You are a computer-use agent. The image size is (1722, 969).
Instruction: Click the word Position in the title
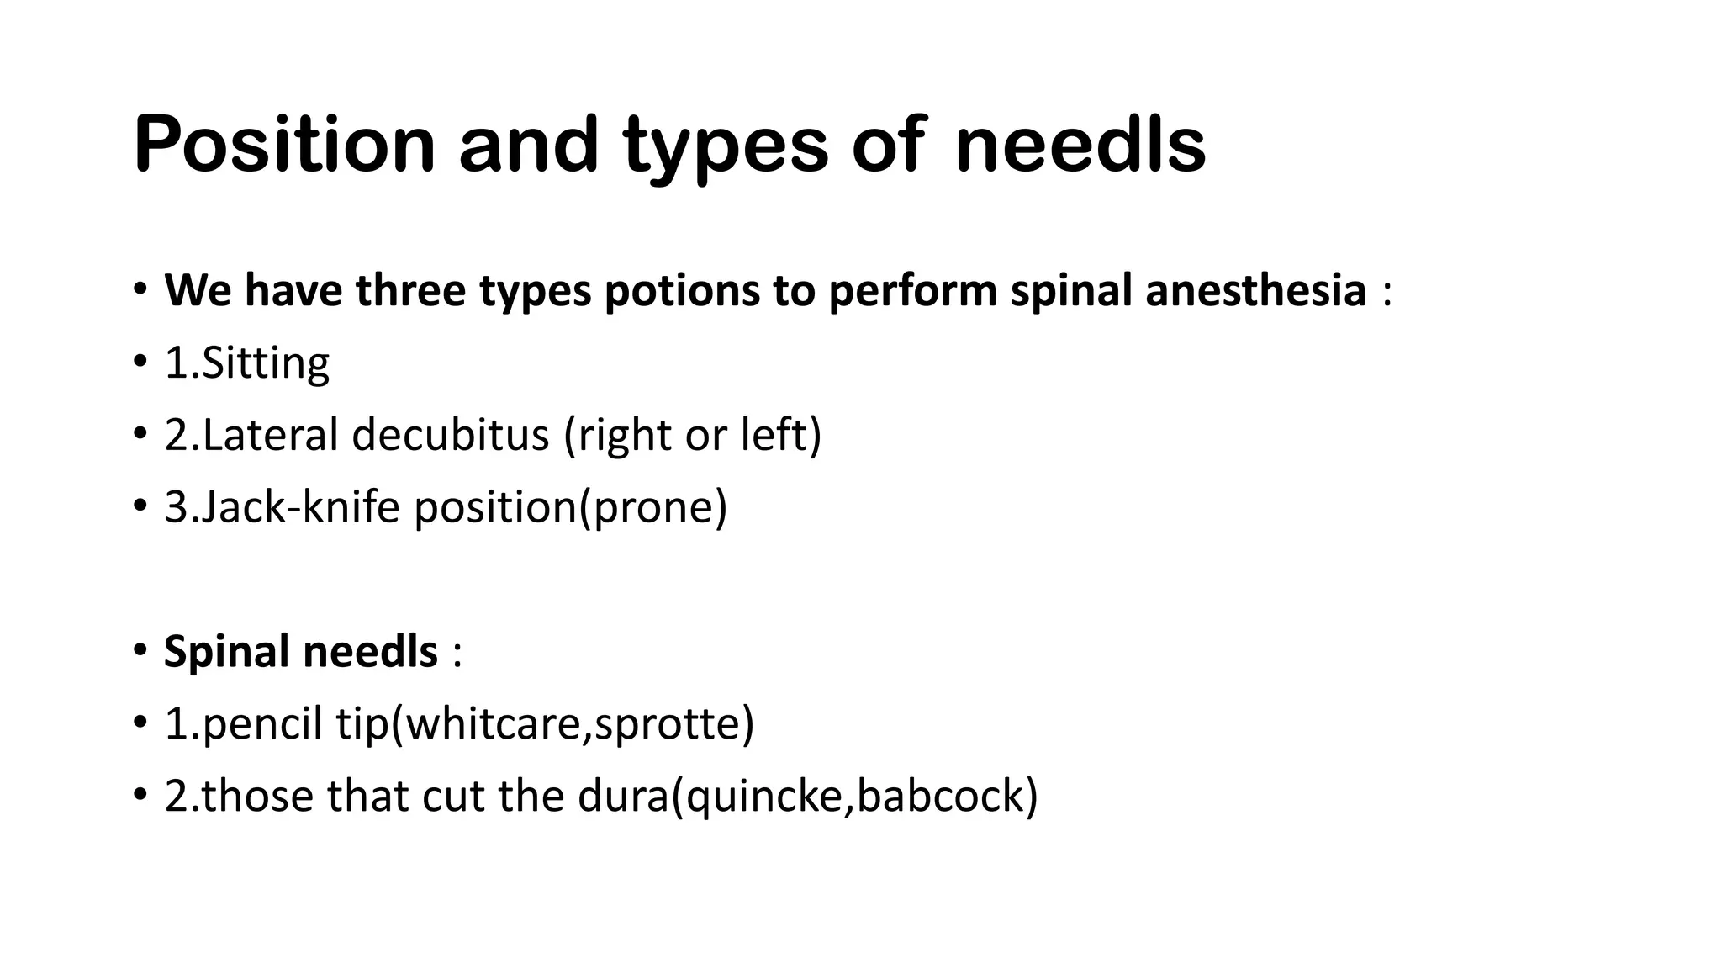[x=284, y=145]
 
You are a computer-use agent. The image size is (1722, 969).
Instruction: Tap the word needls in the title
[x=1080, y=145]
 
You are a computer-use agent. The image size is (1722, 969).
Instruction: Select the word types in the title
[x=726, y=145]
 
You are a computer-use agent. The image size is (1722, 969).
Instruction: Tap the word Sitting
[x=266, y=363]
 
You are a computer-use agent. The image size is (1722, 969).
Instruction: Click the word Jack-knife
[x=301, y=508]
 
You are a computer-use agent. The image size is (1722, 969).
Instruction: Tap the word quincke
[x=763, y=797]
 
